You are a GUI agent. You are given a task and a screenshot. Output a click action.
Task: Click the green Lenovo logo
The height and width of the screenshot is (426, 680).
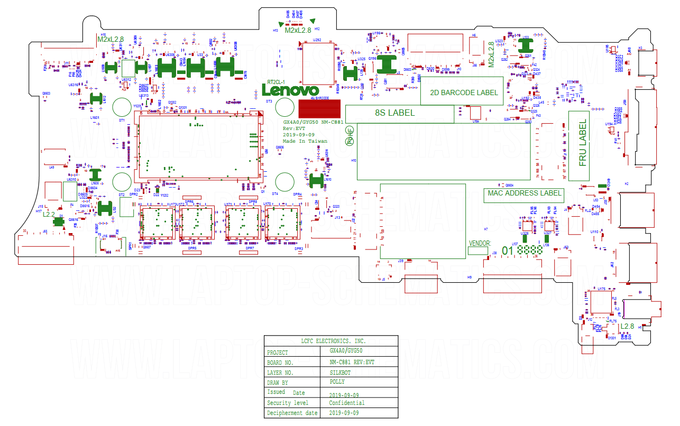click(x=291, y=91)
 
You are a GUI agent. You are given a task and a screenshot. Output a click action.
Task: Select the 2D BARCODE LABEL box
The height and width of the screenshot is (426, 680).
click(x=463, y=92)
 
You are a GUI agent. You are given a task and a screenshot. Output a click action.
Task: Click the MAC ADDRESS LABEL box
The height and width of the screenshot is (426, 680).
click(x=523, y=193)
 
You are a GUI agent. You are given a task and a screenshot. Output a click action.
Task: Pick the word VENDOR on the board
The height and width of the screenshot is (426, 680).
click(x=480, y=244)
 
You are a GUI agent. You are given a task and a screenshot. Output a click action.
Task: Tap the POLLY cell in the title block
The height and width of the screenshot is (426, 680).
click(x=337, y=382)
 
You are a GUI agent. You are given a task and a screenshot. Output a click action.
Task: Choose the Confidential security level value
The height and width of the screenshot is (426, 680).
click(x=346, y=403)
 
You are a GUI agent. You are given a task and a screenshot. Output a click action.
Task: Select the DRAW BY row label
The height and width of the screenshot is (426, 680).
click(x=278, y=383)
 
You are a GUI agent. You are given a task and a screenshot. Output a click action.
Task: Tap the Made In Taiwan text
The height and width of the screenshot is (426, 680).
click(x=305, y=141)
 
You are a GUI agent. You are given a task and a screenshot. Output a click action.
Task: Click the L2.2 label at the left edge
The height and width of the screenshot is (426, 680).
click(x=49, y=215)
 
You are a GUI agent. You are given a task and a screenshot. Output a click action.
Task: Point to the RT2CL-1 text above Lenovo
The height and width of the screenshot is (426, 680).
click(x=276, y=82)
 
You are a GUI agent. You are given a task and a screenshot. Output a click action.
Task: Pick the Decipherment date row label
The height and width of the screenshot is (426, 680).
click(x=292, y=413)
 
